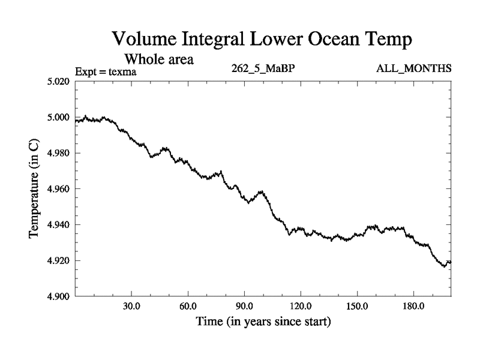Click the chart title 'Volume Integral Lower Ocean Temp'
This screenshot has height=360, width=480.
[262, 41]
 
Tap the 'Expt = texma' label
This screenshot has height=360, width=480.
[106, 72]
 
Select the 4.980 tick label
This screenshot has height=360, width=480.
[59, 153]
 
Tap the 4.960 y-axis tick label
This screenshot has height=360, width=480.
[59, 189]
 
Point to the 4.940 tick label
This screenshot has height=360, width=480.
[59, 224]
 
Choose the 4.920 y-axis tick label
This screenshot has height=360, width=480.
[59, 260]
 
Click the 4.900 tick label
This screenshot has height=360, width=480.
[59, 296]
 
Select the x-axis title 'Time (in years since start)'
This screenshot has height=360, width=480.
[263, 322]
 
